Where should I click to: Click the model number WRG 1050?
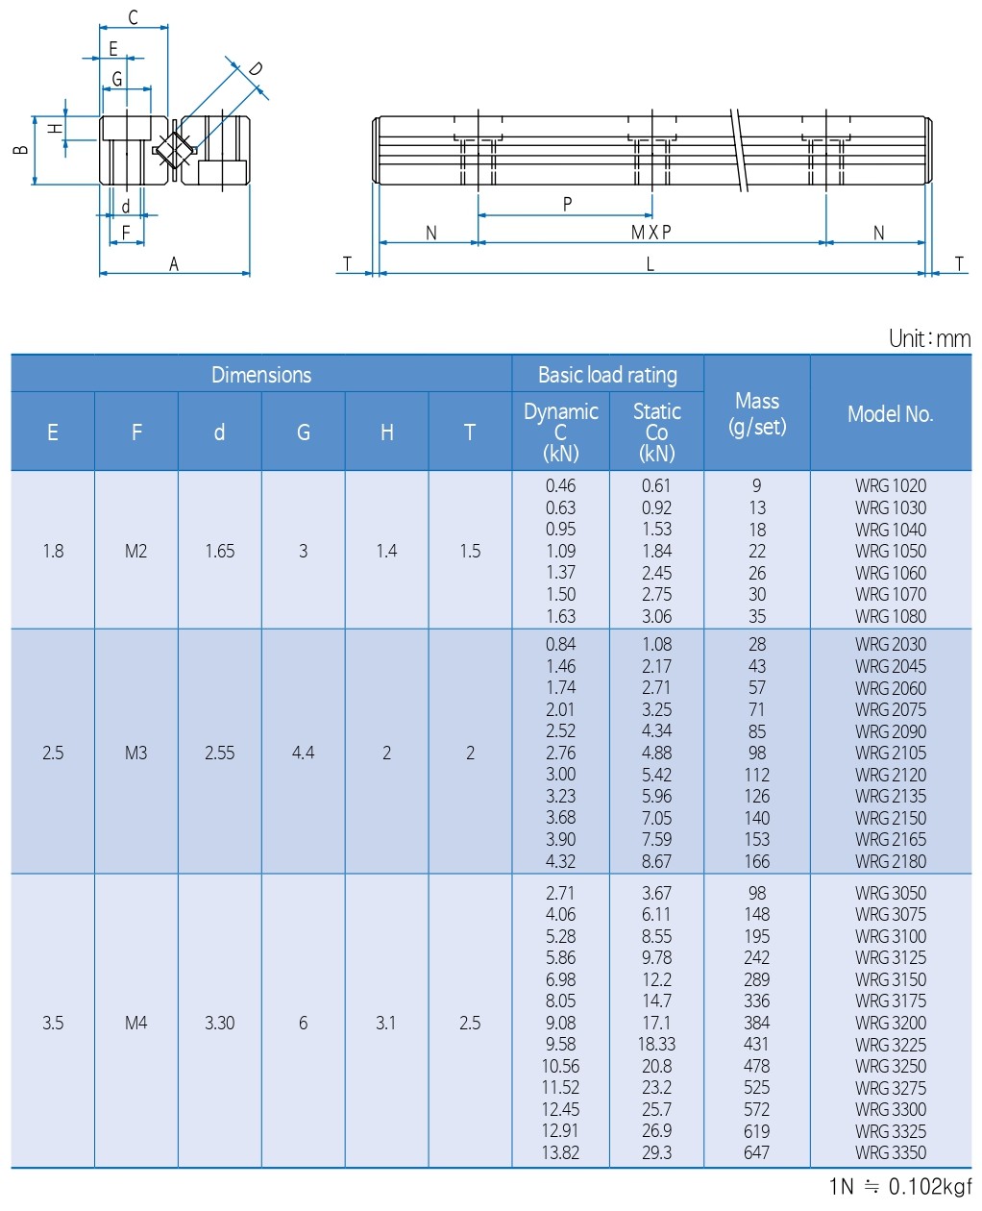891,551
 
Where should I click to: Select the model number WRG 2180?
891,861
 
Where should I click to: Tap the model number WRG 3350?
891,1152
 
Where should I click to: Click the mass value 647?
756,1152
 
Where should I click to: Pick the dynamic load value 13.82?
560,1152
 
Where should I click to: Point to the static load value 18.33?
656,1044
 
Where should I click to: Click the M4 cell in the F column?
135,1023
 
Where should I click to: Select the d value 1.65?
219,551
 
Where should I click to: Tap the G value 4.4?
303,753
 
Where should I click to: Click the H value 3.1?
385,1023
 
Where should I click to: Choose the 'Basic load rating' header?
607,375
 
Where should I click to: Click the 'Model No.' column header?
890,414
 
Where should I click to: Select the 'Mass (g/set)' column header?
756,413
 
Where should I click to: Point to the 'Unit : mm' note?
929,338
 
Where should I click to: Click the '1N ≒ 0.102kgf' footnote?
900,1186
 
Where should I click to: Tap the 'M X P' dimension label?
651,233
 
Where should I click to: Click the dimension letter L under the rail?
651,264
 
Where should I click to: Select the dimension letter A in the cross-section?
174,264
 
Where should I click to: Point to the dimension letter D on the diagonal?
255,69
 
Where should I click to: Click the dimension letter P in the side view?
567,204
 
